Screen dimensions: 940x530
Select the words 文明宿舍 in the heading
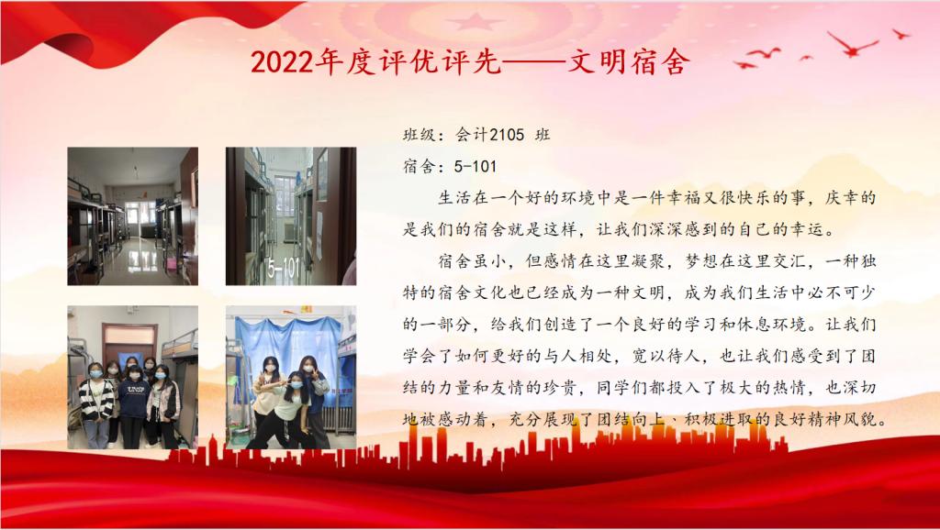pos(629,61)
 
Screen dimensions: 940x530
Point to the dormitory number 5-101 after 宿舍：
pos(476,166)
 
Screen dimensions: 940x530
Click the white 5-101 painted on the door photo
pos(284,268)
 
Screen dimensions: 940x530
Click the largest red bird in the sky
pos(853,44)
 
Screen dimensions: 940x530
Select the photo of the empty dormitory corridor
pos(132,216)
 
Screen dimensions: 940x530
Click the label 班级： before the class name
pos(424,135)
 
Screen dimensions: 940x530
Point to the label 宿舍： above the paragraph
pos(424,166)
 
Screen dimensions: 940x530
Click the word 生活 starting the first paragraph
pos(455,198)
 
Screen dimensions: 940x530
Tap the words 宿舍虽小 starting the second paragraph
pos(473,261)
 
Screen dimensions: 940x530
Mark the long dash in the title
pos(534,62)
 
